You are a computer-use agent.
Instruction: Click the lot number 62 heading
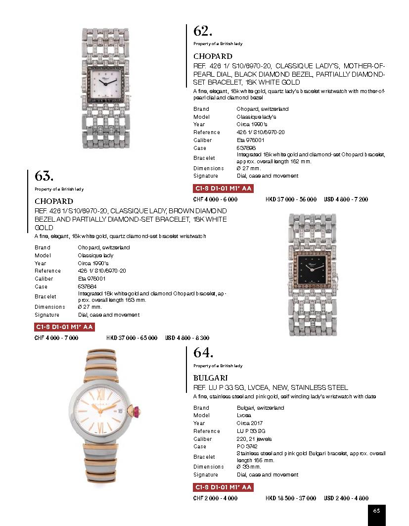(203, 31)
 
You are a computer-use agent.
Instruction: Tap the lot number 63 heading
(44, 176)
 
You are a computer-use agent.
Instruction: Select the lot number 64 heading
(203, 353)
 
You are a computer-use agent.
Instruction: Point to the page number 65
(376, 511)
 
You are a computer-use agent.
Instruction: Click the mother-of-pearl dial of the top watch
(107, 87)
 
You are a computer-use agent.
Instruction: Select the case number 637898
(246, 148)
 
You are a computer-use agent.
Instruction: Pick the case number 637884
(87, 287)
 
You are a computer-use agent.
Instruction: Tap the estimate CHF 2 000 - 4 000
(215, 498)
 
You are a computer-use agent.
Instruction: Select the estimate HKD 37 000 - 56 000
(291, 199)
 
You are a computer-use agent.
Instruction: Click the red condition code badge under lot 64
(223, 487)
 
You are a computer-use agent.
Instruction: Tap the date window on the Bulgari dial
(121, 411)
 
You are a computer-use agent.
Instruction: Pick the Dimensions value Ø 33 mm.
(249, 467)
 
